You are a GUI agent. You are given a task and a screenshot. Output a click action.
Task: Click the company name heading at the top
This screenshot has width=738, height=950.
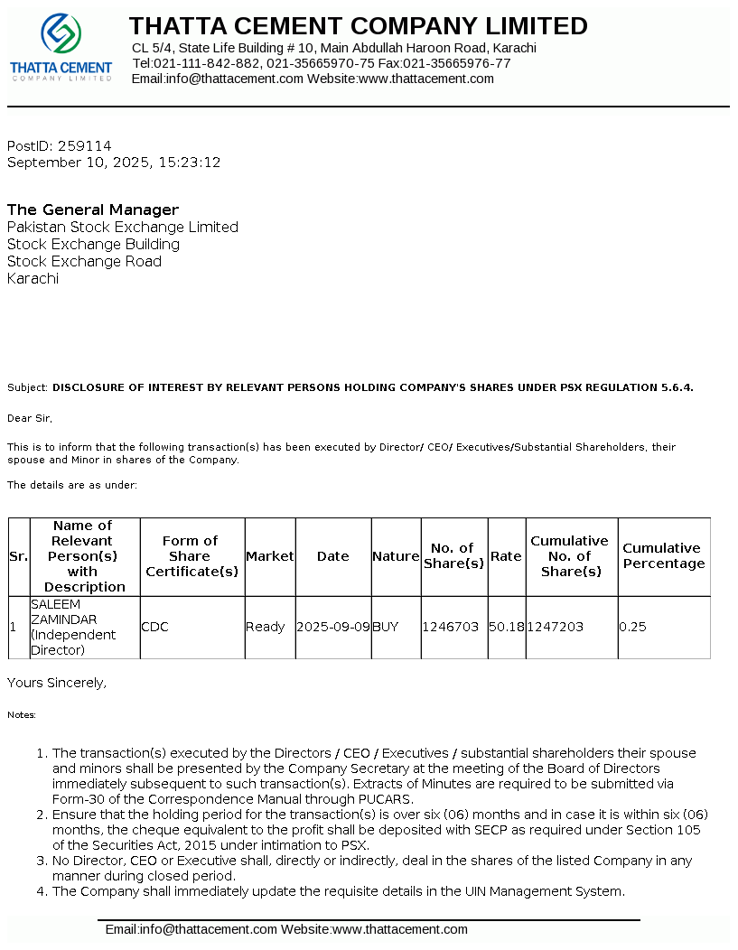pyautogui.click(x=358, y=26)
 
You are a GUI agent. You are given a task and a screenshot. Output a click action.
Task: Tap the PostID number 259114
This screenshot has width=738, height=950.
pyautogui.click(x=85, y=145)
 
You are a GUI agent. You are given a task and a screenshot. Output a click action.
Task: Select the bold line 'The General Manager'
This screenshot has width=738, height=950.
pyautogui.click(x=93, y=210)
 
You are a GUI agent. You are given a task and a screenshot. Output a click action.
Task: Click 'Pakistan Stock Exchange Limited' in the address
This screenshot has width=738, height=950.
pyautogui.click(x=123, y=227)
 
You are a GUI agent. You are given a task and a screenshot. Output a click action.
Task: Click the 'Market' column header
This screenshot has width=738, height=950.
pyautogui.click(x=270, y=556)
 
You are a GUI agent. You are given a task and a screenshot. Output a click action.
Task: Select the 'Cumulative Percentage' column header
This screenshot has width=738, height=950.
pyautogui.click(x=663, y=555)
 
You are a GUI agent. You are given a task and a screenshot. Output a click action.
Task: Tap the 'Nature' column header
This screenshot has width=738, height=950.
pyautogui.click(x=396, y=556)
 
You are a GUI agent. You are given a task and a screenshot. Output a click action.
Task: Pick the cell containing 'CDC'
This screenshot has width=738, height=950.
pyautogui.click(x=154, y=627)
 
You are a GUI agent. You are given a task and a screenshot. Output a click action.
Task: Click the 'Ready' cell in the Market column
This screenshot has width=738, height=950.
pyautogui.click(x=265, y=627)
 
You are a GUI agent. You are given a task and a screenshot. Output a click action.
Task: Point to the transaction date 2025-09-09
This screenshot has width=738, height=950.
pyautogui.click(x=333, y=627)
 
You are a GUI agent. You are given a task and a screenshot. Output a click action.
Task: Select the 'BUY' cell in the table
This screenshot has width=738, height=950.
pyautogui.click(x=385, y=627)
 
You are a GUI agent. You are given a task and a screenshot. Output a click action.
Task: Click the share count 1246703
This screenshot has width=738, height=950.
pyautogui.click(x=451, y=627)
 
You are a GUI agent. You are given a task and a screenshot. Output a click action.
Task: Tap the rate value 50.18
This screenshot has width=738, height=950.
pyautogui.click(x=506, y=627)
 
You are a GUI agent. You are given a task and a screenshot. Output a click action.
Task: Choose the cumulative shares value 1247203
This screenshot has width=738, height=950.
pyautogui.click(x=556, y=627)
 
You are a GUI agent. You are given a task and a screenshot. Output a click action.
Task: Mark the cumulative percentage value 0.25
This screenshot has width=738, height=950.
pyautogui.click(x=633, y=627)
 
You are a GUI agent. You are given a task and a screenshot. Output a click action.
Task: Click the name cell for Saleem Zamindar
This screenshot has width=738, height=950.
pyautogui.click(x=74, y=627)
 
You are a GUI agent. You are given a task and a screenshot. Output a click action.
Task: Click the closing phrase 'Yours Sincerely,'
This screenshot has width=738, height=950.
pyautogui.click(x=57, y=683)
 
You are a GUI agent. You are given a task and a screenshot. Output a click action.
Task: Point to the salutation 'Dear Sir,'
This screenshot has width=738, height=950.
pyautogui.click(x=30, y=418)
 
